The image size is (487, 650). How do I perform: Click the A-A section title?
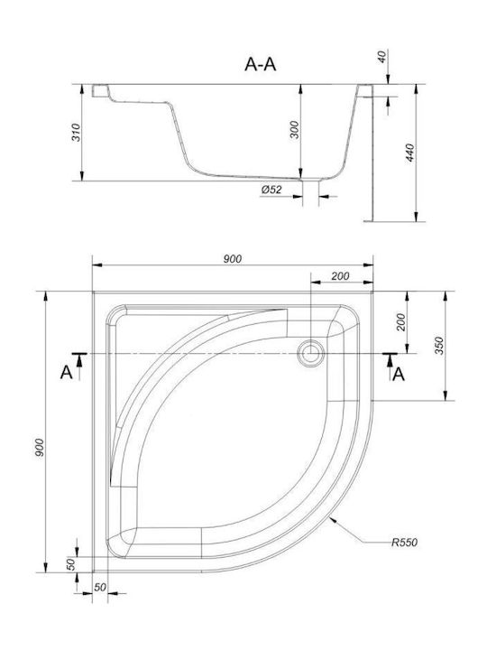click(x=260, y=64)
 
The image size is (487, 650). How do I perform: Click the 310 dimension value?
click(x=76, y=132)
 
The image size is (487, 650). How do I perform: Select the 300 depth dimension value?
click(x=294, y=130)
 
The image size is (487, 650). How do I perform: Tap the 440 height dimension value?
click(x=409, y=153)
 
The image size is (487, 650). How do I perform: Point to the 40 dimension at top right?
click(x=382, y=56)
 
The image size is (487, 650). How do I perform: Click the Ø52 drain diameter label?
click(x=271, y=190)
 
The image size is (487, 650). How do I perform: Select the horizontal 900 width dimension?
click(x=233, y=259)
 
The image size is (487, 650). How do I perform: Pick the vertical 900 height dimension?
click(x=39, y=448)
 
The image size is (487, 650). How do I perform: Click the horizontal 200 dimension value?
click(x=340, y=276)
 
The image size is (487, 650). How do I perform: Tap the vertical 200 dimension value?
click(x=401, y=322)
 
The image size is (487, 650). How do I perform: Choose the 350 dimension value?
click(x=439, y=346)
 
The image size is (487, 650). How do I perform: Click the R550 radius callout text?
click(x=405, y=542)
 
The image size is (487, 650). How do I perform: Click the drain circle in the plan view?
click(x=310, y=353)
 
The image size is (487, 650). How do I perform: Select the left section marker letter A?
click(x=66, y=372)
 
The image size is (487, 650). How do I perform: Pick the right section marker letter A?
click(x=399, y=374)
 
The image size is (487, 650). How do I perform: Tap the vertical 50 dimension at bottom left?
click(x=71, y=564)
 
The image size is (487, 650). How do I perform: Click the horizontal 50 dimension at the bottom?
click(x=100, y=587)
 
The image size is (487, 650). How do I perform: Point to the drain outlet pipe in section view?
click(x=310, y=192)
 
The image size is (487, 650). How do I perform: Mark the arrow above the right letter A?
click(x=391, y=361)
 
